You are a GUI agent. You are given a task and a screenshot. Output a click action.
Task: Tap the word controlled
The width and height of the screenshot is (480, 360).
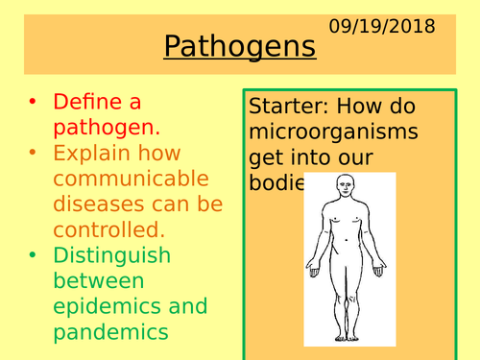click(108, 229)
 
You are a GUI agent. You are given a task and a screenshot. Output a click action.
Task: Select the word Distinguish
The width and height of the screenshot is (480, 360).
click(112, 255)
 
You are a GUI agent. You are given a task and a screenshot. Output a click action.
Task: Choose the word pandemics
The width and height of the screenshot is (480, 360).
click(111, 332)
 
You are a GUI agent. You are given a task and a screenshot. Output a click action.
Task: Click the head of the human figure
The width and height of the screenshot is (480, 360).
click(345, 185)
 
